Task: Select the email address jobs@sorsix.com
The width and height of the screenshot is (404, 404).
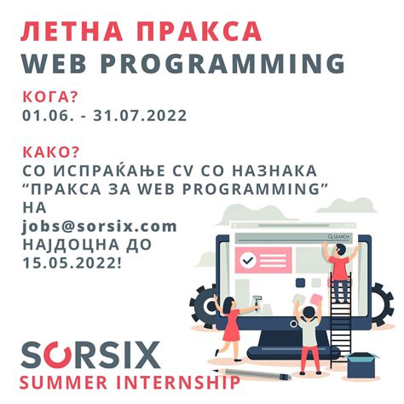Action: coord(101,226)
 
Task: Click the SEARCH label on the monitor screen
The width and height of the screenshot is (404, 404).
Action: coord(339,238)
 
